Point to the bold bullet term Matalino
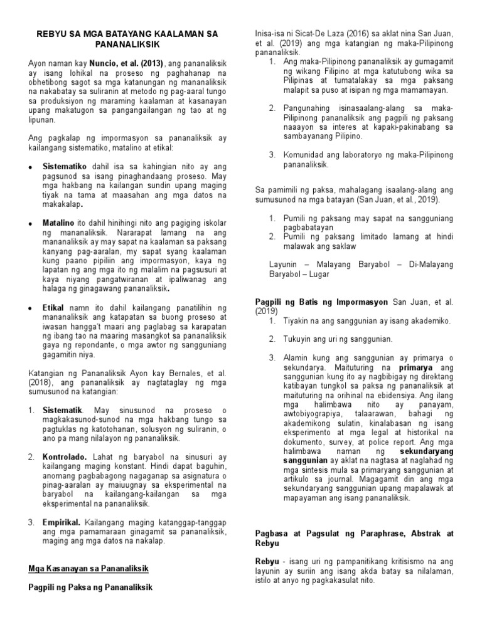tap(58, 223)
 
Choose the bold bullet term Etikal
tap(54, 307)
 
